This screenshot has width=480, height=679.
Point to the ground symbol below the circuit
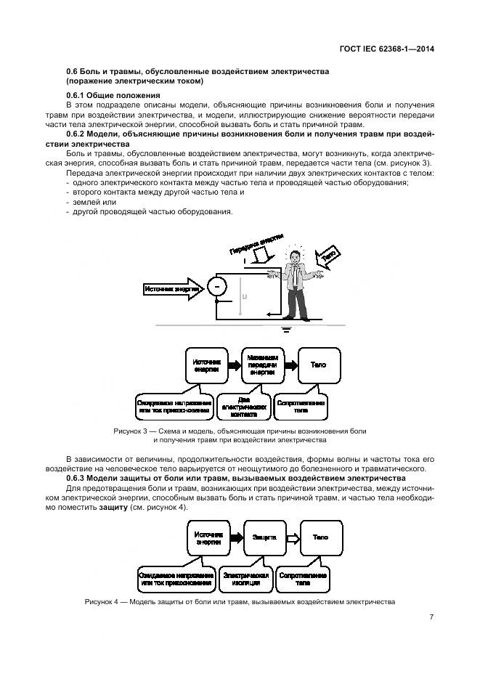[x=285, y=330]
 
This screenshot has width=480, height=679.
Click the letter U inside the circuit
[x=244, y=296]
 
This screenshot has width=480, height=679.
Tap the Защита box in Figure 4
[x=264, y=537]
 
